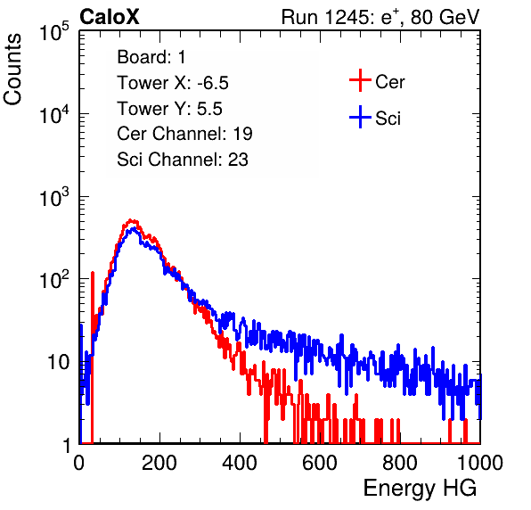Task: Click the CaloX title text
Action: (x=109, y=17)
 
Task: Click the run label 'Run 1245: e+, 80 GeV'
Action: (x=380, y=17)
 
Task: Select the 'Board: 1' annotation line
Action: (x=151, y=57)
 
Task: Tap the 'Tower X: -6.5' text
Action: (x=173, y=83)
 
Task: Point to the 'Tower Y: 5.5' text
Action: (x=169, y=109)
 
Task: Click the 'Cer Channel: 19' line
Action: (x=184, y=134)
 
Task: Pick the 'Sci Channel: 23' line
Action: (x=183, y=160)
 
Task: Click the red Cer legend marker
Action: (x=360, y=80)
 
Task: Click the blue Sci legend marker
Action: (x=360, y=117)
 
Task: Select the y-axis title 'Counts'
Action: (x=12, y=70)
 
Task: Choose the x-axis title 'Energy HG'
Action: (x=420, y=488)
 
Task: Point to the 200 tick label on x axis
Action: (x=159, y=463)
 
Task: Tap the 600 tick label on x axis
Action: (x=320, y=463)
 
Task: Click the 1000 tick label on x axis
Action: (x=480, y=463)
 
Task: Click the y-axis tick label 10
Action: (x=58, y=363)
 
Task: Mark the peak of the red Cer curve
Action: (x=132, y=220)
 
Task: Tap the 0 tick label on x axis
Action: (x=79, y=463)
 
